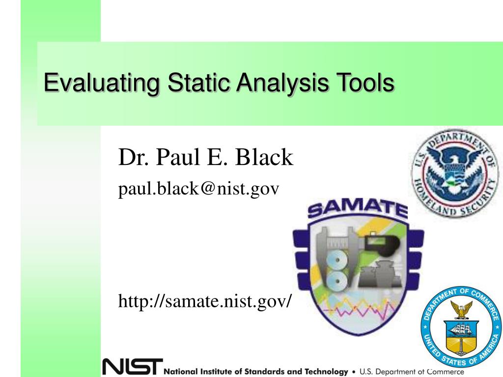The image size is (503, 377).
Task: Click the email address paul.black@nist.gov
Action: click(198, 188)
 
